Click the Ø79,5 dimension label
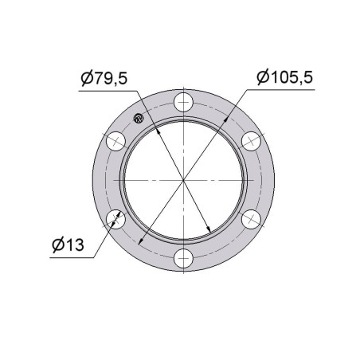point(104,78)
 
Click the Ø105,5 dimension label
point(285,77)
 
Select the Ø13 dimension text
point(68,245)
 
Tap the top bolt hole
point(183,102)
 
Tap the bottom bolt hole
point(183,258)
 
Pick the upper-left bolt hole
point(115,141)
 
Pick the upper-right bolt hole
point(251,141)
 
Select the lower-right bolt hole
point(251,219)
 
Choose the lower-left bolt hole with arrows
point(115,219)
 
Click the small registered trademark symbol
point(139,118)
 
